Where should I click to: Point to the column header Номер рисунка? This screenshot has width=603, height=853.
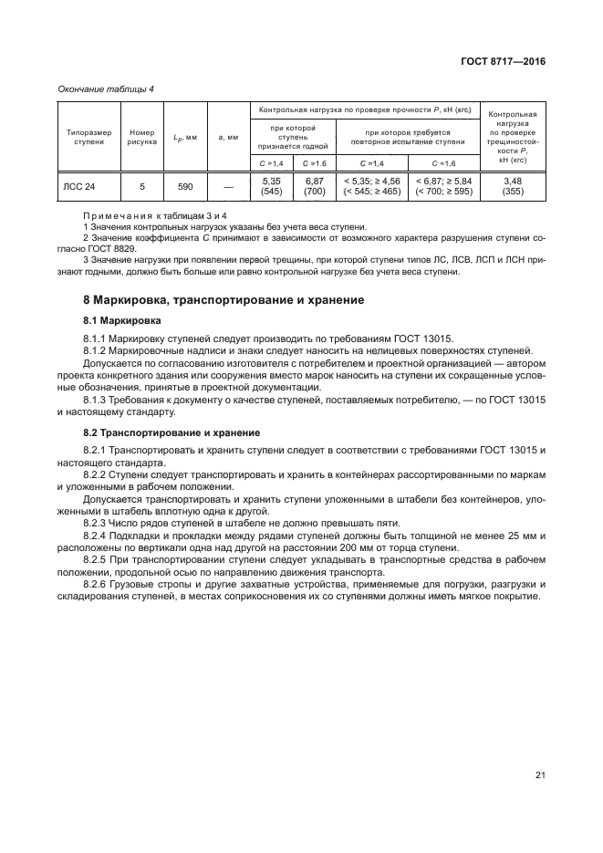point(142,137)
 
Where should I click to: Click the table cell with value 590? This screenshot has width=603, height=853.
point(185,187)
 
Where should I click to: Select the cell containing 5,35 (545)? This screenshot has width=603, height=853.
point(271,187)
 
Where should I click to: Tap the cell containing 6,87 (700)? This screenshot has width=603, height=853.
point(315,187)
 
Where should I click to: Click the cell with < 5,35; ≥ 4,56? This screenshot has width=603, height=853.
point(371,187)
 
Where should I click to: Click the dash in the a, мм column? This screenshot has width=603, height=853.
point(227,187)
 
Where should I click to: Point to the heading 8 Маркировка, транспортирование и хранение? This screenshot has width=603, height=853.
point(224,299)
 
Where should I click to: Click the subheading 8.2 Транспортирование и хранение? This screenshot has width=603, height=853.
point(172,432)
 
